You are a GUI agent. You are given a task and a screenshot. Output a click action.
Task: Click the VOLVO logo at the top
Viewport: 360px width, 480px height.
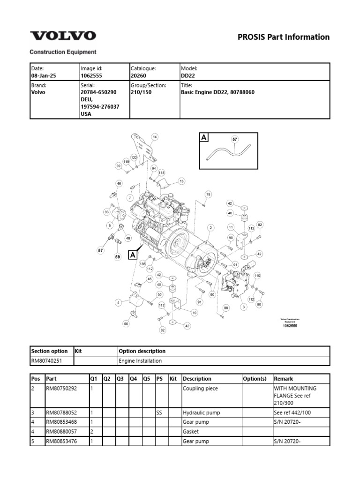pyautogui.click(x=63, y=36)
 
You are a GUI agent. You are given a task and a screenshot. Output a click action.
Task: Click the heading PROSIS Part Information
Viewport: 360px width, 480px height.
pyautogui.click(x=284, y=37)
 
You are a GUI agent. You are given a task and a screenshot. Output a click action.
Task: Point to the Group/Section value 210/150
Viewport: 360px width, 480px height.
pyautogui.click(x=141, y=92)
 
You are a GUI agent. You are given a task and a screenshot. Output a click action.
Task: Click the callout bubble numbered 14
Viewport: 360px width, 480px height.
pyautogui.click(x=154, y=137)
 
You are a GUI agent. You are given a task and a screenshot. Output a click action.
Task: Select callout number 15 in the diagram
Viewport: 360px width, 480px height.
pyautogui.click(x=181, y=180)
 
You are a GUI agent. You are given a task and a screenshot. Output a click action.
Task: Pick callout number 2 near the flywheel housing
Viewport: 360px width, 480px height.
pyautogui.click(x=211, y=227)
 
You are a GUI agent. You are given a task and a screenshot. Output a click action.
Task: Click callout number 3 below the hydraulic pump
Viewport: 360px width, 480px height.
pyautogui.click(x=244, y=307)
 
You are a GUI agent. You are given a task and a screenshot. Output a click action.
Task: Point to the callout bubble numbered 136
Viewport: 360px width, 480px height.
pyautogui.click(x=143, y=263)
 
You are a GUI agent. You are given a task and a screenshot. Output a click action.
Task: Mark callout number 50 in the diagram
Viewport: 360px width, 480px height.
pyautogui.click(x=126, y=323)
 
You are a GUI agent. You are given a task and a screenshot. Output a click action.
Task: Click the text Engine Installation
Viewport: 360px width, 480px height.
pyautogui.click(x=141, y=361)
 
